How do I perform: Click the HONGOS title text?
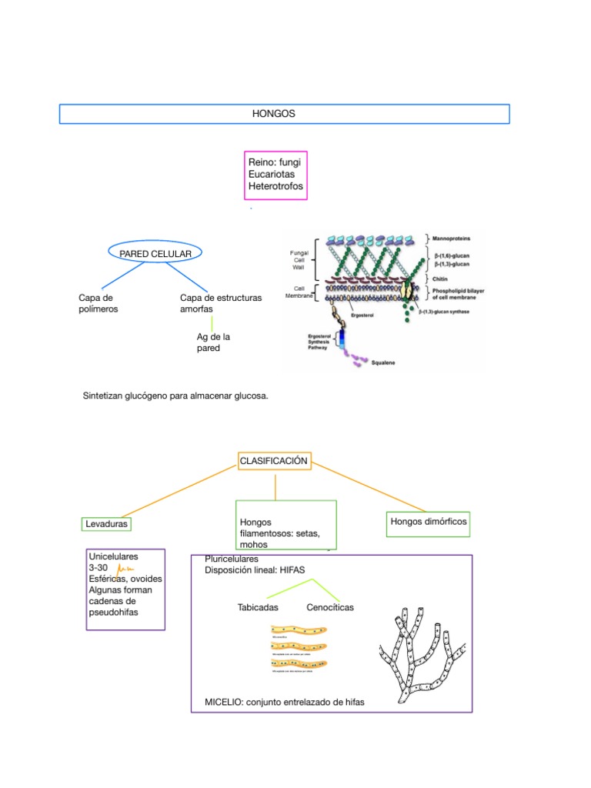274,113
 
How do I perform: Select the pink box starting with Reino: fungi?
275,175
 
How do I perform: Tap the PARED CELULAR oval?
150,252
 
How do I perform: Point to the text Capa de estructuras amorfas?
220,303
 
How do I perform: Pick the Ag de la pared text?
213,342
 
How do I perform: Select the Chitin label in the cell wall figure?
441,279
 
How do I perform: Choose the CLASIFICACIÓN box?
274,461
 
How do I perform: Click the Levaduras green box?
106,524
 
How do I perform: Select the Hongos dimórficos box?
428,522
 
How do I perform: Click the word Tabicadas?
258,607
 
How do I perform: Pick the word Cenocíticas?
330,607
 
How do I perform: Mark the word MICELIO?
222,702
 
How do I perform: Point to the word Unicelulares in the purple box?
114,555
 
